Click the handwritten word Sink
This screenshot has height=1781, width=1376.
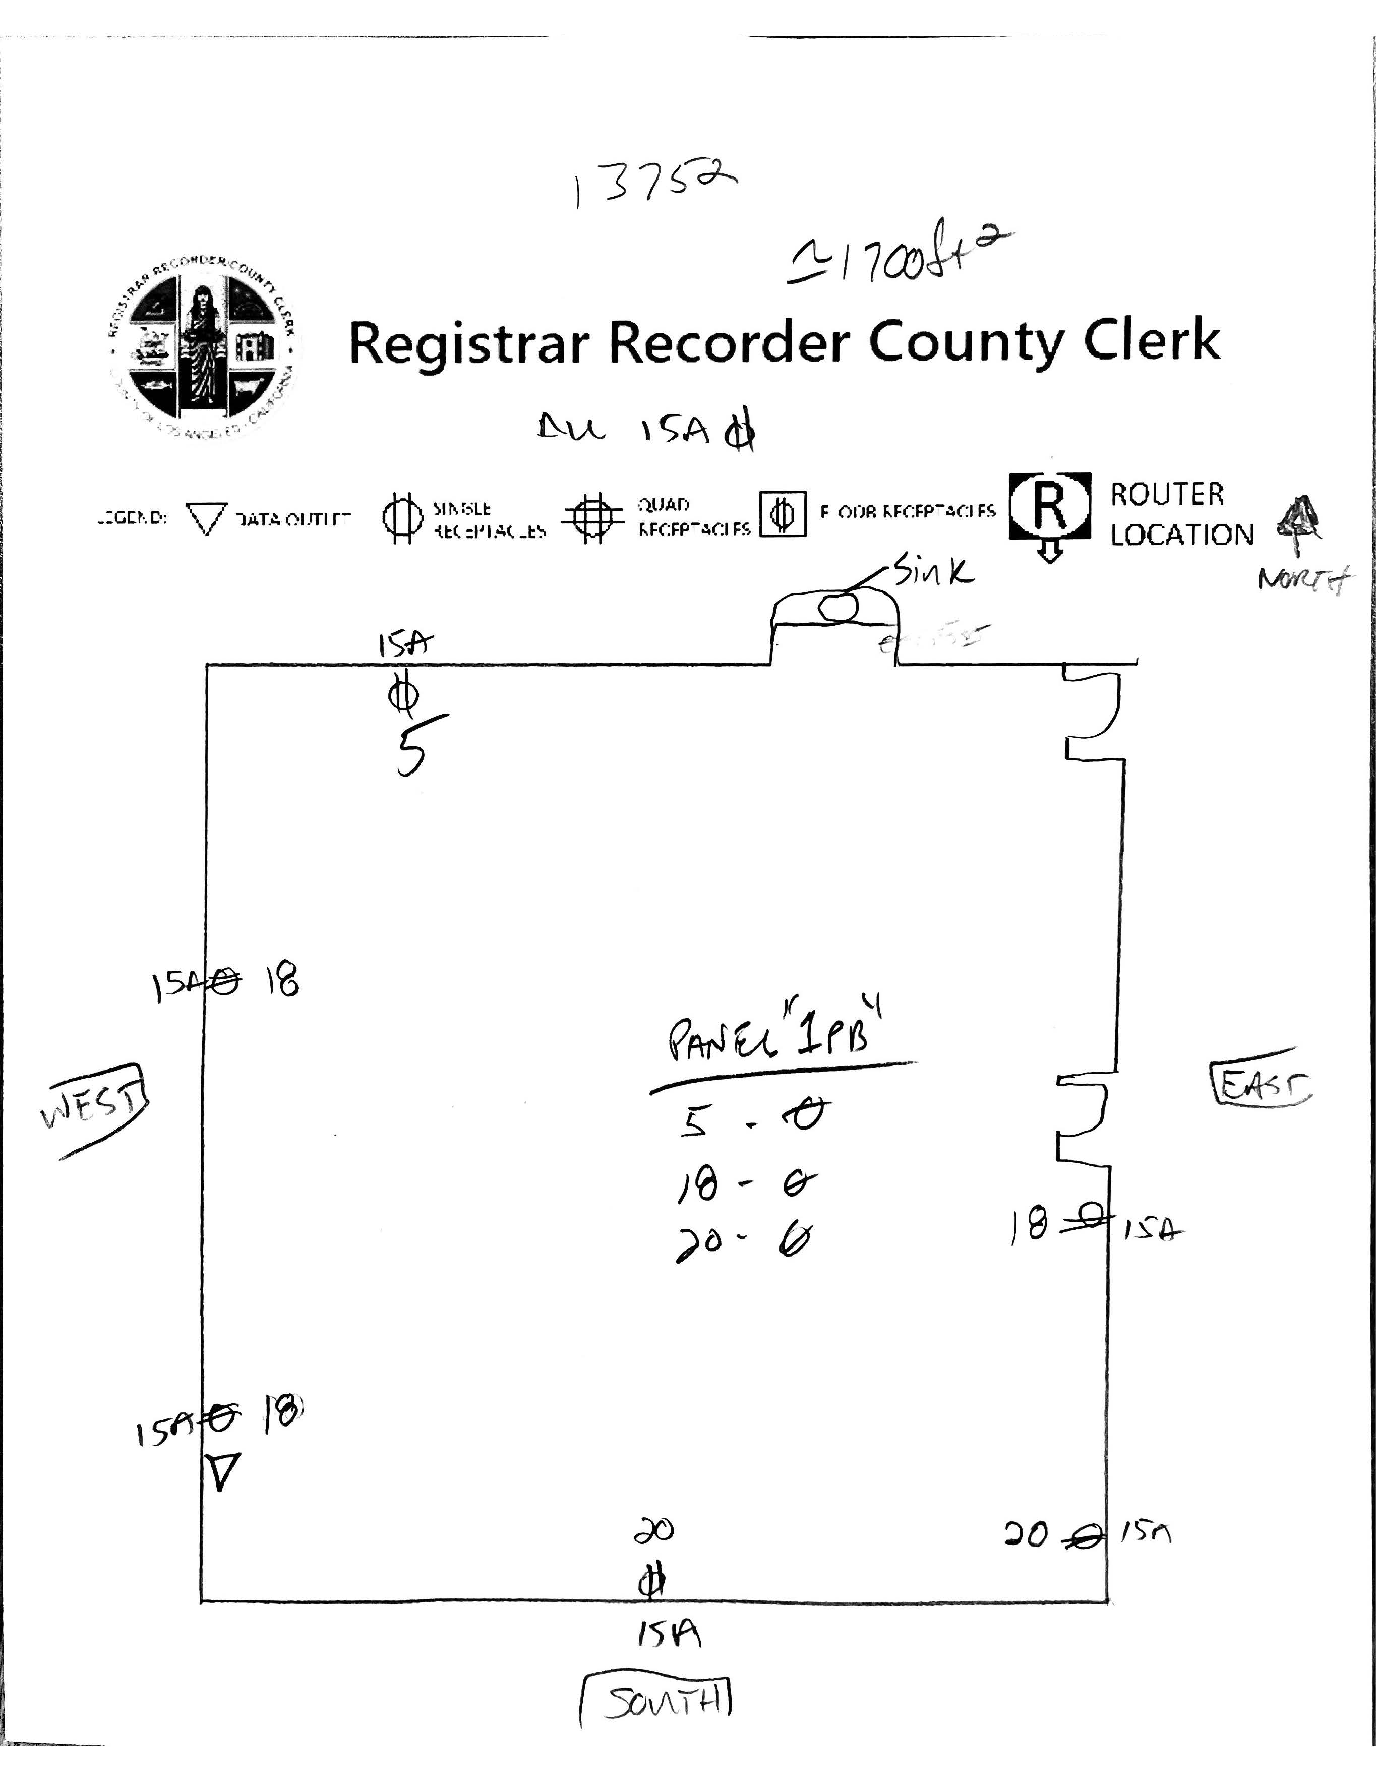(x=934, y=570)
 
